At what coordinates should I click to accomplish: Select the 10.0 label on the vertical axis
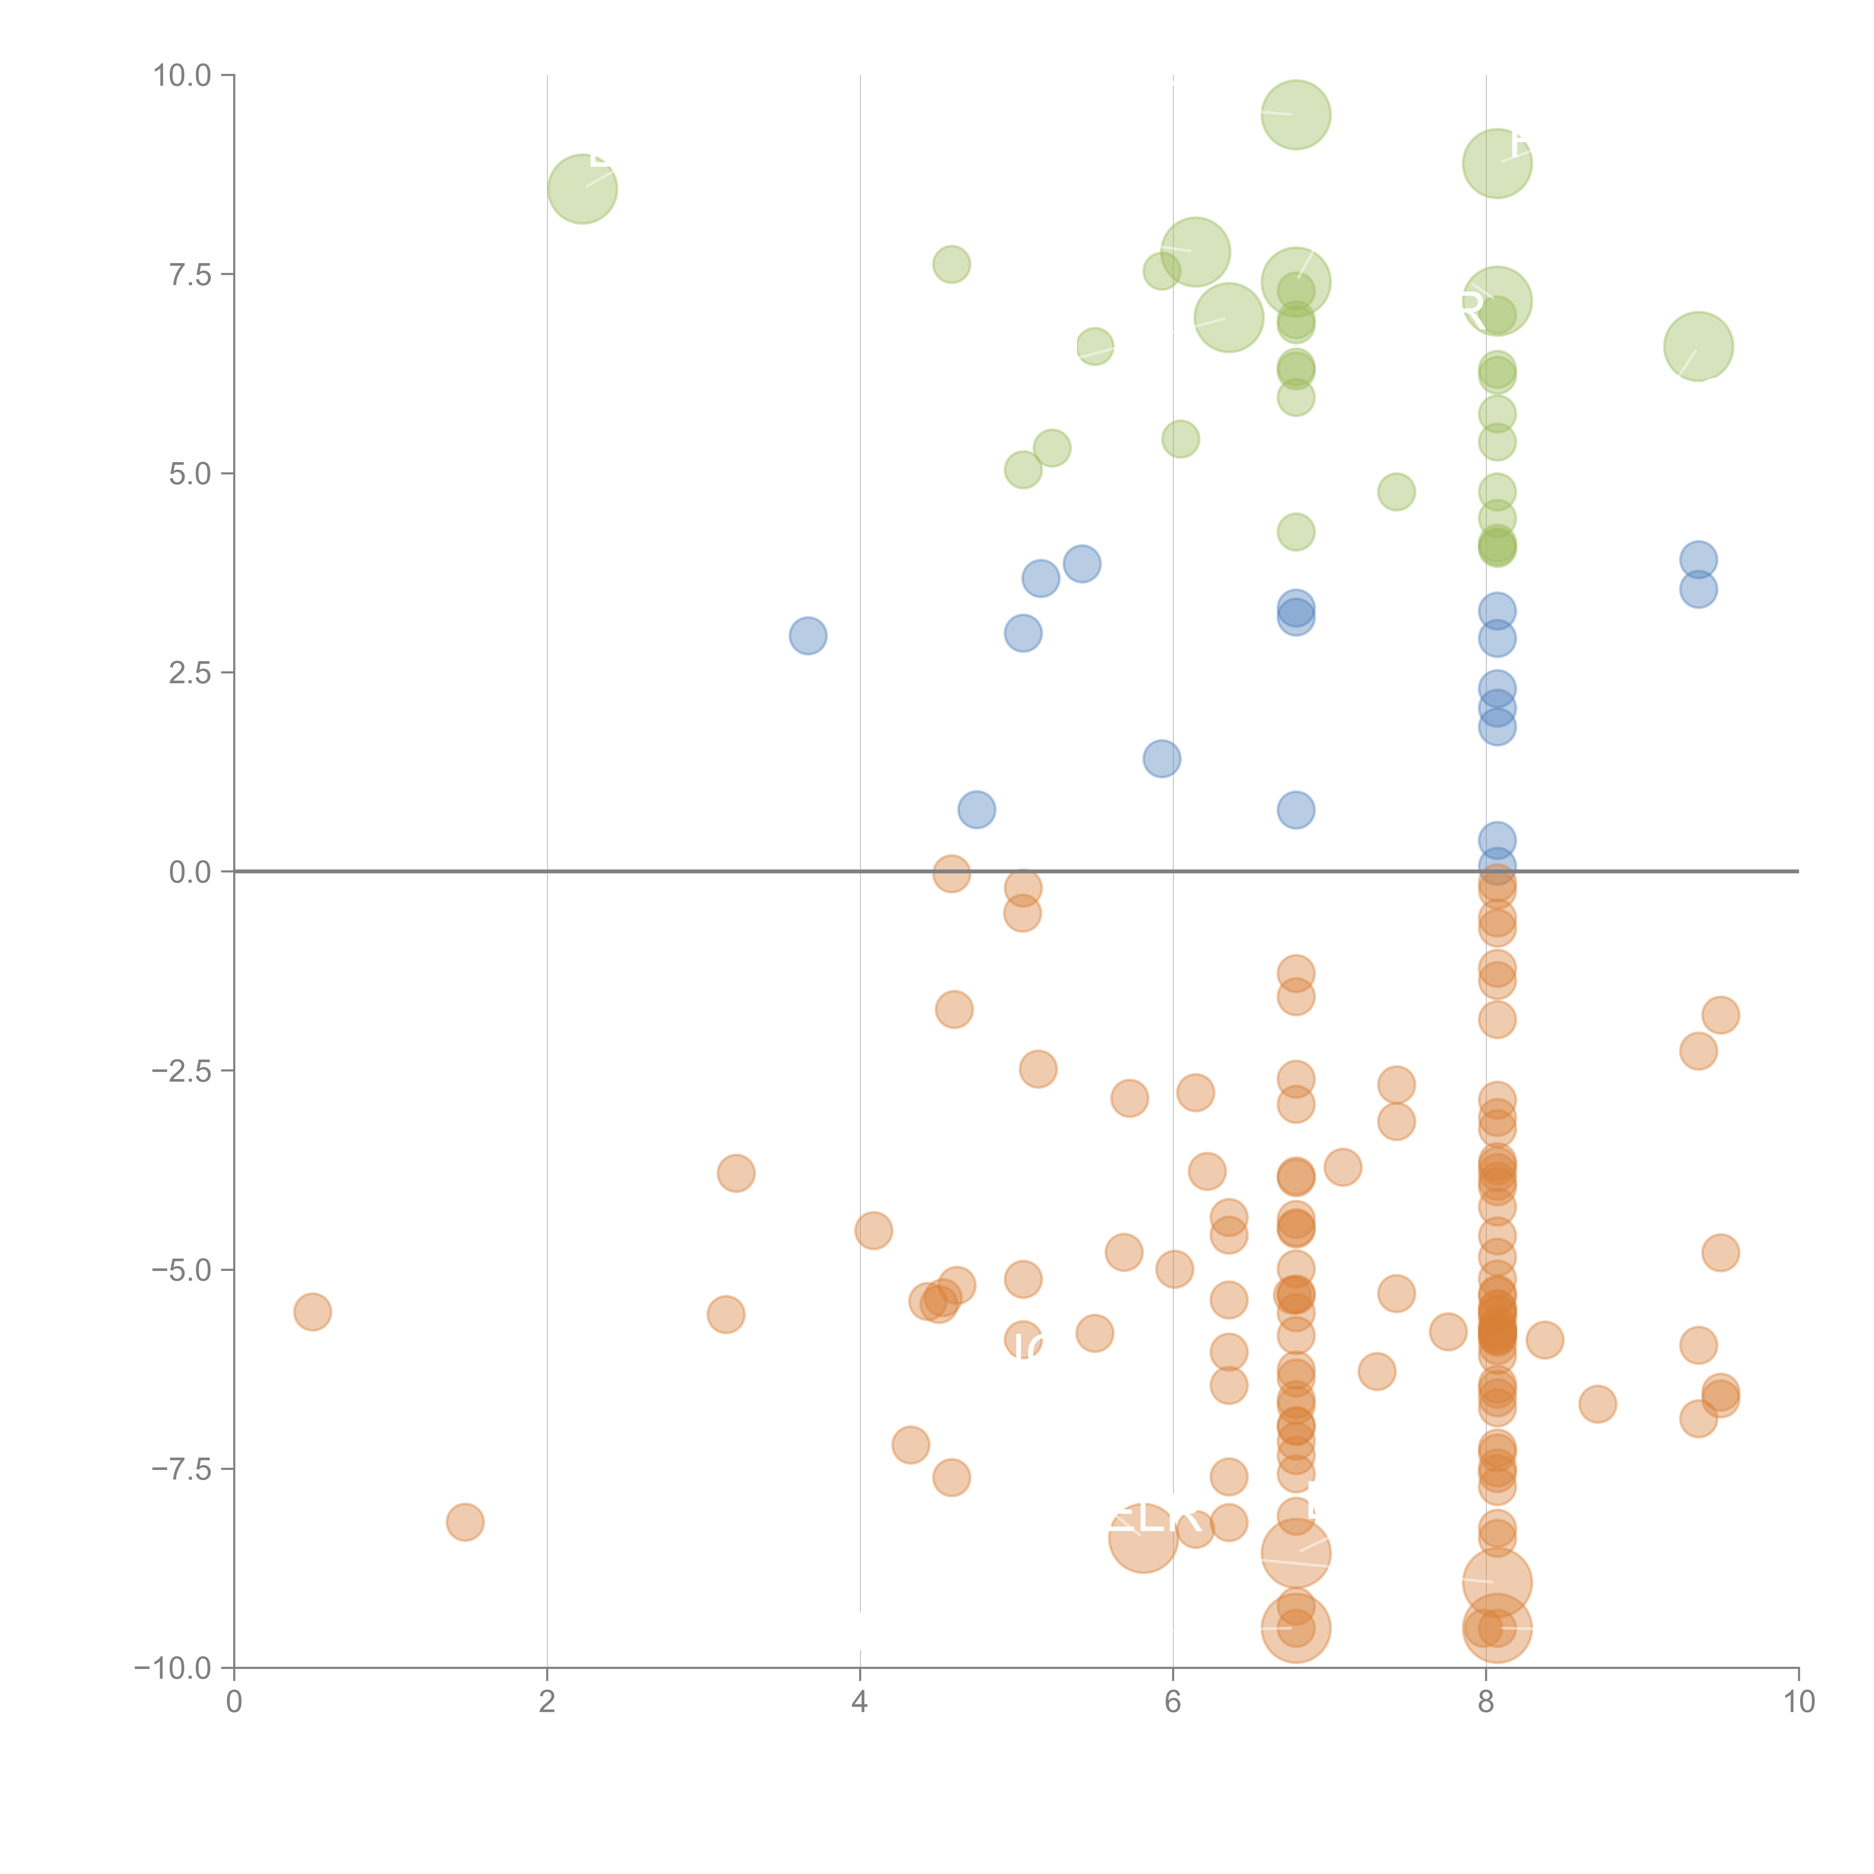coord(183,76)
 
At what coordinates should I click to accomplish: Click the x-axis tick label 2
coord(547,1702)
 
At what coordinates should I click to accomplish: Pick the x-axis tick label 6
coord(1173,1702)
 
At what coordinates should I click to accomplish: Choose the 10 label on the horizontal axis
coord(1798,1702)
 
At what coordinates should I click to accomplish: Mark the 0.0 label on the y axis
coord(190,872)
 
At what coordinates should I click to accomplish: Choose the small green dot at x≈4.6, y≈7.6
coord(952,264)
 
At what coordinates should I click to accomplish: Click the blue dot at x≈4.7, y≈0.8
coord(977,809)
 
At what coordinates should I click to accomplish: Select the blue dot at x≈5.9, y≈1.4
coord(1162,759)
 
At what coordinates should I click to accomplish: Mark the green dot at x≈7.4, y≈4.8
coord(1396,492)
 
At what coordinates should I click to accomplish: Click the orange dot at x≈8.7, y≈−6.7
coord(1597,1404)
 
